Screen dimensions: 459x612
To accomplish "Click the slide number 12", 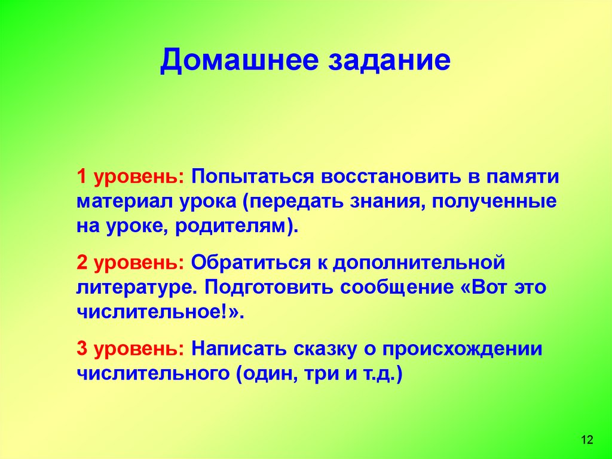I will [586, 440].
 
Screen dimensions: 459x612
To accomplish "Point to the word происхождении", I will [463, 349].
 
